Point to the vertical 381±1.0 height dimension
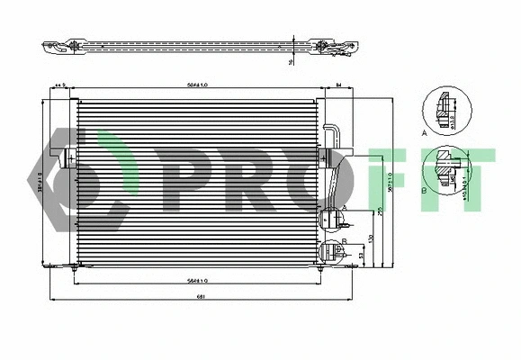pos(40,181)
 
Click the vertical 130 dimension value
pos(371,238)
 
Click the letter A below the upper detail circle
pos(423,132)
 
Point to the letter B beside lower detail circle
pos(423,192)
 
